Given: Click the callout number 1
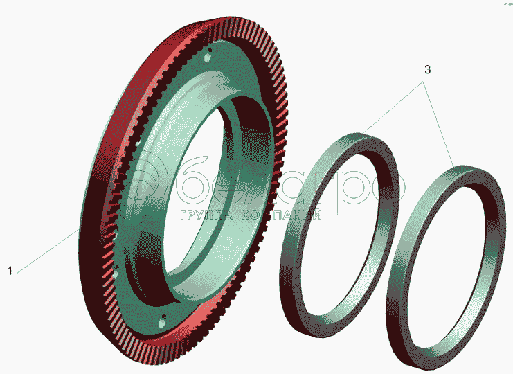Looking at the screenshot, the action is pyautogui.click(x=10, y=271).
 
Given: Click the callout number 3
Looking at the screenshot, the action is pyautogui.click(x=427, y=70).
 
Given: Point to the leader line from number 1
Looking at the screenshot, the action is pyautogui.click(x=48, y=251).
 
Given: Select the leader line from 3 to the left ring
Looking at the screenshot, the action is pyautogui.click(x=392, y=107).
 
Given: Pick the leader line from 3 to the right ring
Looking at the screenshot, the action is pyautogui.click(x=438, y=125).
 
